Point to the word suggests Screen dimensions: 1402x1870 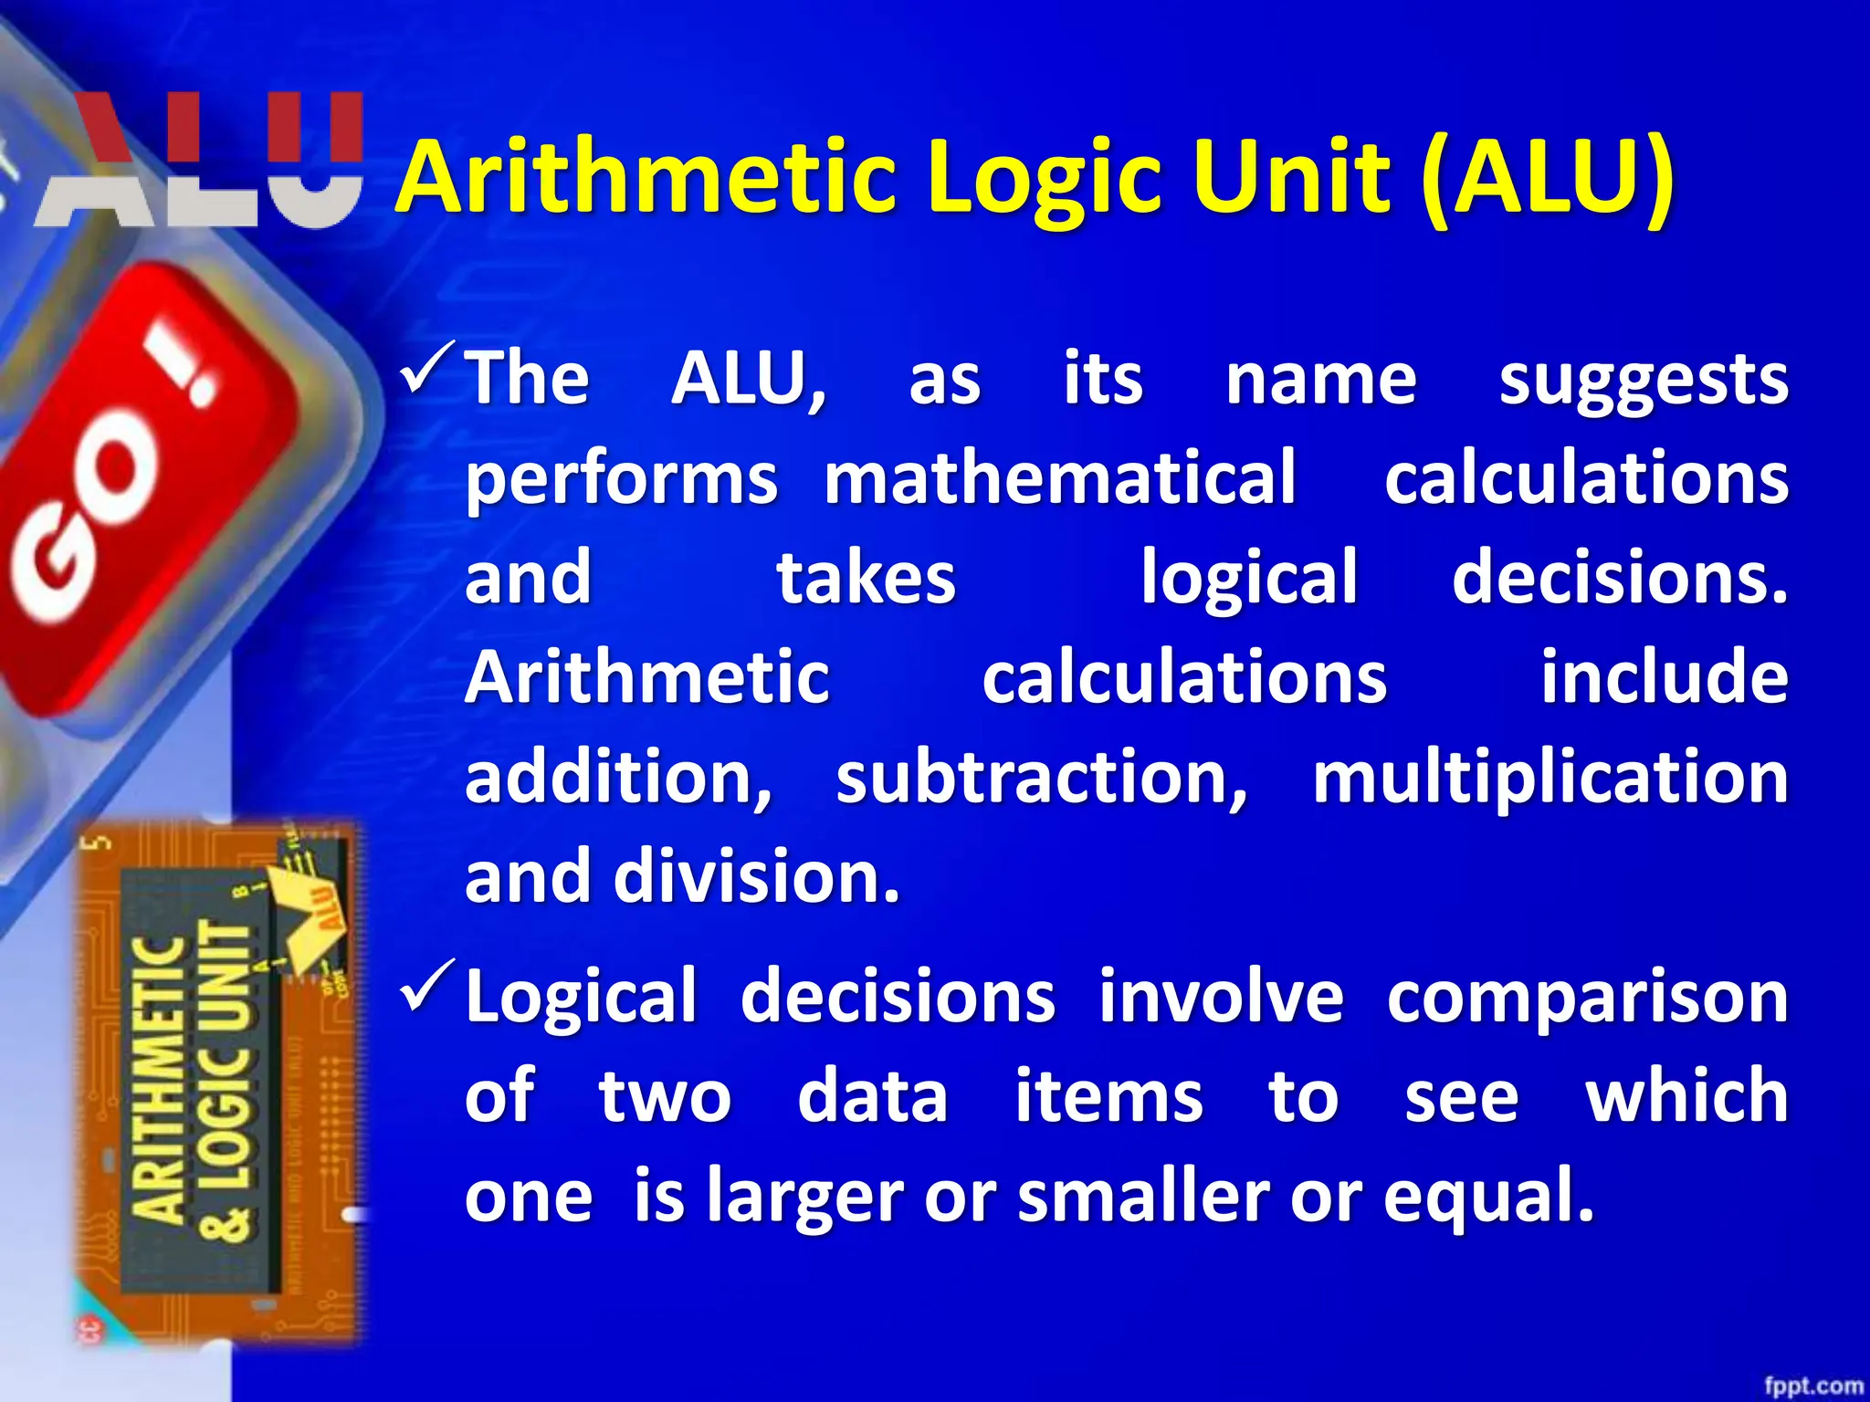(1643, 380)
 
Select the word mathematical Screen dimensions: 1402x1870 (1059, 477)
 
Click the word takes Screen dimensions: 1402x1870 (866, 577)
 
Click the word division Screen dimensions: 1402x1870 (756, 876)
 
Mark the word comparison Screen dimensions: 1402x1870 (1587, 997)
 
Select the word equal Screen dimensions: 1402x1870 (1488, 1195)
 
